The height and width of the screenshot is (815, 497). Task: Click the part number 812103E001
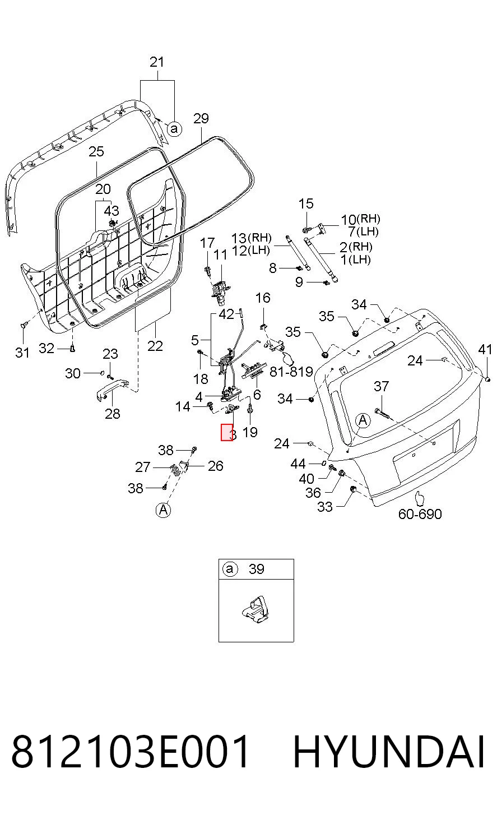coord(130,751)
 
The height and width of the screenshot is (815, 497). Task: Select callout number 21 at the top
coord(157,62)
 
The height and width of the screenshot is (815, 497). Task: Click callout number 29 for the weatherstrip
coord(201,118)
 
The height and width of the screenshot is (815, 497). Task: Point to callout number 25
coord(96,151)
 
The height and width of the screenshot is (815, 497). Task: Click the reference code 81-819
coord(291,372)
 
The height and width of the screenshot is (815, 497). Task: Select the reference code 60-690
coord(420,514)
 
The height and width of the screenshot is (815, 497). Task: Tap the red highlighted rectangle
coord(227,432)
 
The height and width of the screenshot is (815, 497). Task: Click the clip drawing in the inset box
coord(256,610)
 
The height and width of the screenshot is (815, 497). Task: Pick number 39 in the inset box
coord(257,569)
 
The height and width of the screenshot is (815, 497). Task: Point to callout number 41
coord(485,349)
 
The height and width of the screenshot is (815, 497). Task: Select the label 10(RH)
coord(360,219)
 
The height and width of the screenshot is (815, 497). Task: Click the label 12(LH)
coord(250,251)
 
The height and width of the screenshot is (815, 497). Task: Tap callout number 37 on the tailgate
coord(382,386)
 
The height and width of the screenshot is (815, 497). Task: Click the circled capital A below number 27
coord(164,510)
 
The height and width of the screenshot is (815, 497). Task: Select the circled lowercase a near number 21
coord(174,128)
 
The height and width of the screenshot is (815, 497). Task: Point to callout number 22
coord(155,346)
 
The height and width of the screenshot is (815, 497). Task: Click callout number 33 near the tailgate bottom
coord(325,507)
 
